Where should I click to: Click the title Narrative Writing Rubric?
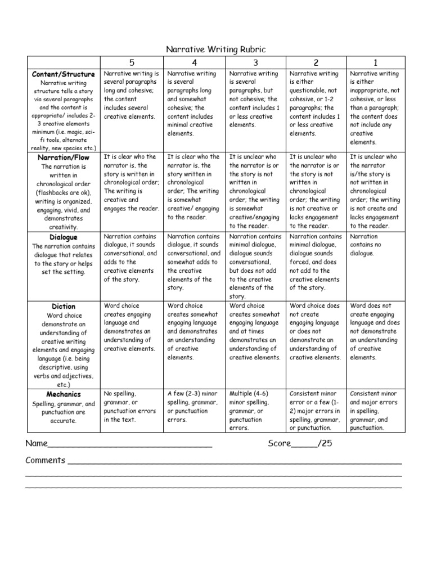(215, 50)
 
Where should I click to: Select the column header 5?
(131, 62)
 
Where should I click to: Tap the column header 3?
(255, 62)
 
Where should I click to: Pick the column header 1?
(375, 62)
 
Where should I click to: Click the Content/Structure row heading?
(64, 74)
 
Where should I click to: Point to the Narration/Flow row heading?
(64, 157)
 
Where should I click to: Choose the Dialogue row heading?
(64, 237)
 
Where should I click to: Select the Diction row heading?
(64, 306)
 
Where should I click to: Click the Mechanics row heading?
(64, 394)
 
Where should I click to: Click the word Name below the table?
(37, 444)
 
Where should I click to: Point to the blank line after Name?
(130, 445)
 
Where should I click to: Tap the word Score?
(279, 444)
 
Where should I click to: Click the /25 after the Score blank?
(325, 444)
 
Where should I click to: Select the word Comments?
(46, 460)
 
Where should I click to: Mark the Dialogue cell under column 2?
(315, 262)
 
